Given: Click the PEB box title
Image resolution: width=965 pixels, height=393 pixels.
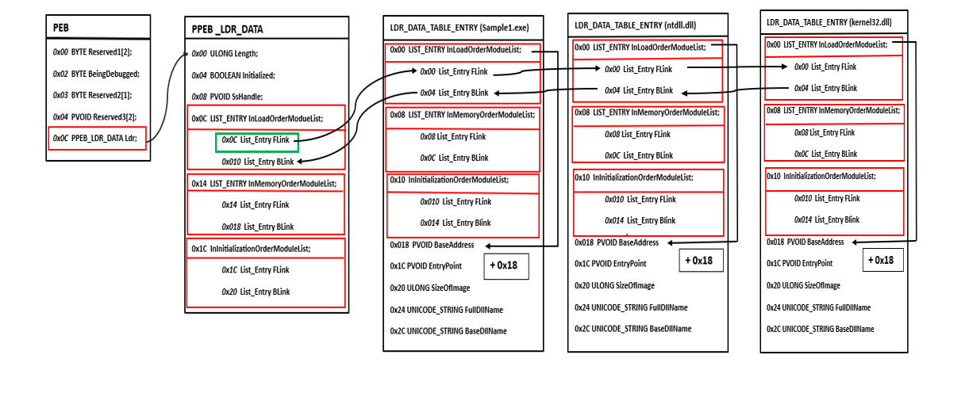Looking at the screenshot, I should (61, 28).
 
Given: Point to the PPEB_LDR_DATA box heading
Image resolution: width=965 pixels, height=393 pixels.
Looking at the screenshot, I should (228, 29).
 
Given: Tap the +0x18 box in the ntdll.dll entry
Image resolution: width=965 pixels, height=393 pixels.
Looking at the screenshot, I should (701, 261).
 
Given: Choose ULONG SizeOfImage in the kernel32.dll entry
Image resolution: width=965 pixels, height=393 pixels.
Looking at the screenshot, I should (804, 285).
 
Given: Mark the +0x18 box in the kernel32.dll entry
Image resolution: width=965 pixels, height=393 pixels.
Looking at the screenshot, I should (883, 260).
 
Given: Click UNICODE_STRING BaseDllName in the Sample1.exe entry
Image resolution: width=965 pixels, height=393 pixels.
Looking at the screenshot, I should (448, 330).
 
